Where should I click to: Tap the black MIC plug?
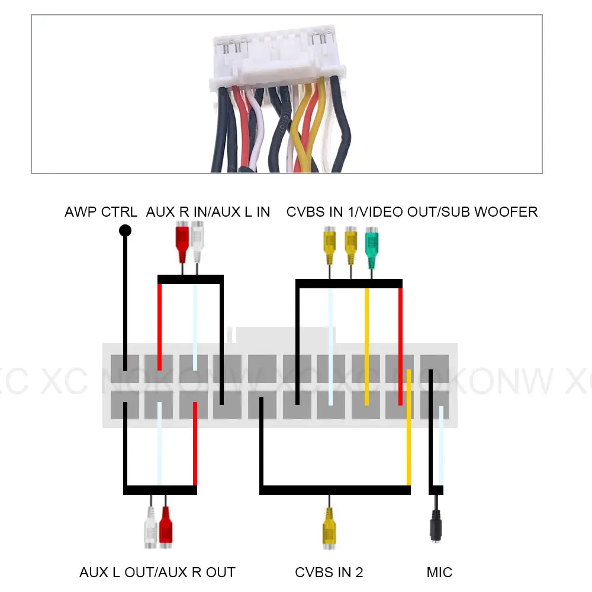point(436,529)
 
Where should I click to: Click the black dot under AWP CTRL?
point(125,231)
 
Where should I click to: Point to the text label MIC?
point(439,572)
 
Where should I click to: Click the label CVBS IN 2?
point(329,572)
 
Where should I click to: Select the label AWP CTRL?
point(101,212)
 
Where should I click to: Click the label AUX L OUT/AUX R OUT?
point(157,572)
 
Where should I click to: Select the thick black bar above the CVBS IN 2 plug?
point(335,490)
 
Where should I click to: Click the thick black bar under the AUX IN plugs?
point(190,279)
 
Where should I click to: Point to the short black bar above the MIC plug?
point(436,490)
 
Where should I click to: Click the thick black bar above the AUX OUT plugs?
point(160,490)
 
